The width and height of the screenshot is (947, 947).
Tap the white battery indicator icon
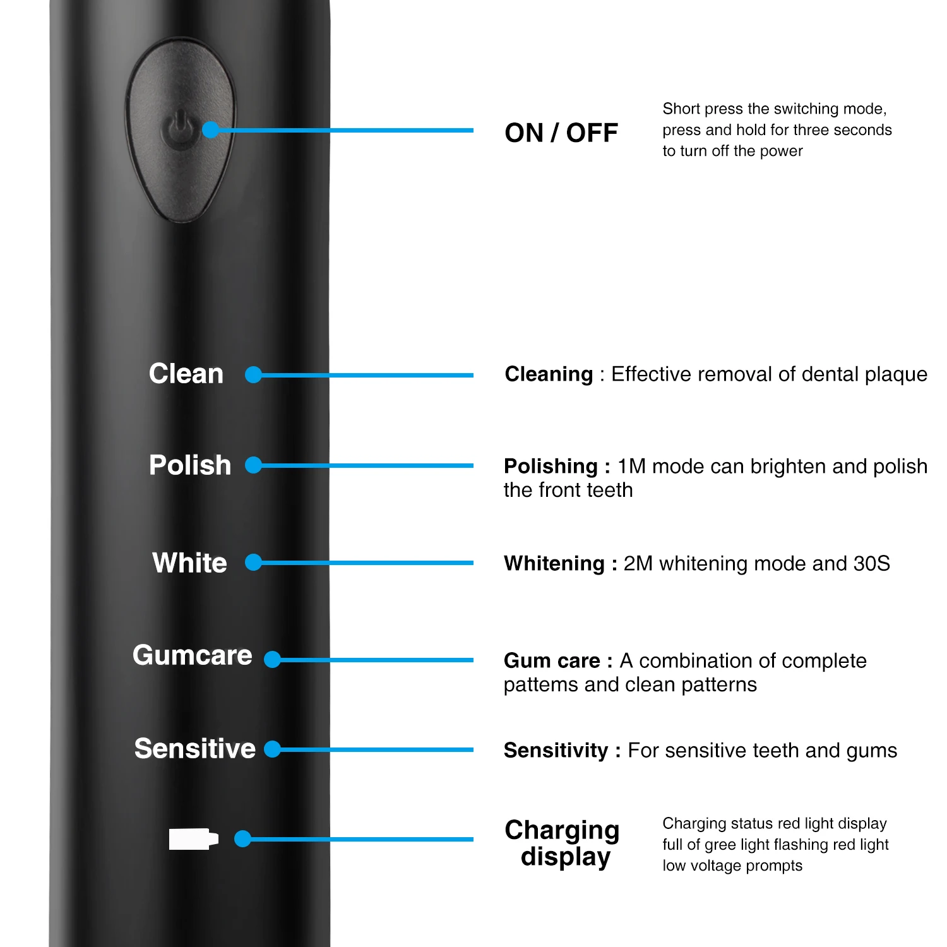[194, 839]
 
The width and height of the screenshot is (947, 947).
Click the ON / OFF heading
[561, 133]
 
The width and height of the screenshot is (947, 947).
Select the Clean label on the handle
[186, 374]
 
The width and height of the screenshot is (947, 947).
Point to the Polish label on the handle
[190, 465]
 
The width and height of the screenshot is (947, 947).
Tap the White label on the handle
[189, 563]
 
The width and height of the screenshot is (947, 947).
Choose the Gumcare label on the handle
[193, 655]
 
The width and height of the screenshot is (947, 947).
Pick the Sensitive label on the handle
[195, 749]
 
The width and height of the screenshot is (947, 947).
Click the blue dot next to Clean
[253, 375]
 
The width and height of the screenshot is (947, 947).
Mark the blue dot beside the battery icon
[242, 839]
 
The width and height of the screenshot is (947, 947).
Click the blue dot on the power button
[211, 130]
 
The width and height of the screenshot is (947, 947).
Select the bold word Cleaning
[549, 374]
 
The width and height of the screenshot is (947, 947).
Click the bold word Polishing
[551, 467]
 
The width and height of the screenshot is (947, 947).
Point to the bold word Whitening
[554, 563]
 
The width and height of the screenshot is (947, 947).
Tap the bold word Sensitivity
[556, 750]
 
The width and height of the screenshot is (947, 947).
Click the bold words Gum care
[552, 660]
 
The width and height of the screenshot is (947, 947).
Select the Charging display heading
[563, 843]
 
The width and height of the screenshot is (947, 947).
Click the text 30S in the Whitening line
[871, 563]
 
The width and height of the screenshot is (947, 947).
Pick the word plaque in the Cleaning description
[895, 374]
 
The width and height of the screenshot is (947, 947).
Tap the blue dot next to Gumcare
[272, 660]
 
